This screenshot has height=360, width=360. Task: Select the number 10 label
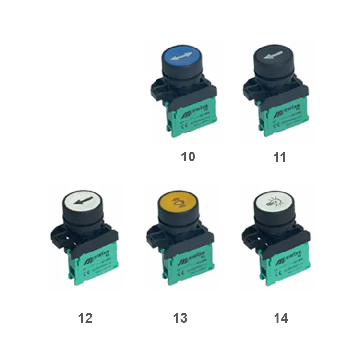188,157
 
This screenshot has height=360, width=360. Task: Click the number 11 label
279,157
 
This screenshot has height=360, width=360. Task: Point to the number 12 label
85,318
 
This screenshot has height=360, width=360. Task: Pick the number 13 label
180,318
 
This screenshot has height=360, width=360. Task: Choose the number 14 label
281,318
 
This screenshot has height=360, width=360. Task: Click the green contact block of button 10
192,118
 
